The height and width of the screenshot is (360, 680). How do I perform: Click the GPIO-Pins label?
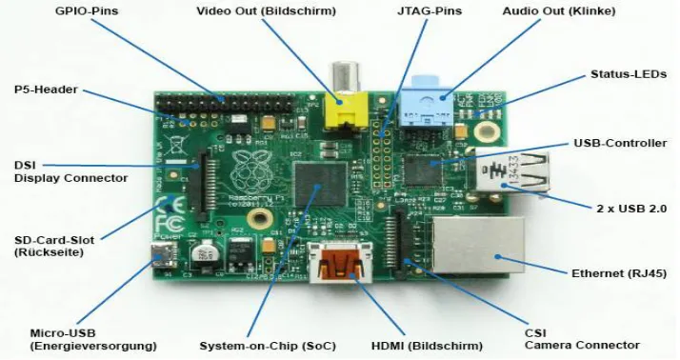87,10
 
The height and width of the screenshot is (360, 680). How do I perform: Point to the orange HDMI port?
340,262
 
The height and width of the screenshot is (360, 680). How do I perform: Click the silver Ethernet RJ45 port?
478,245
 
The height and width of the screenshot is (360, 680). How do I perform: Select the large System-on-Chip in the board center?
321,184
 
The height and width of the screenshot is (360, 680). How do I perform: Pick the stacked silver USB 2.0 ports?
511,171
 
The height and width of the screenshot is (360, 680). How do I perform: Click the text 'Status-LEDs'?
629,74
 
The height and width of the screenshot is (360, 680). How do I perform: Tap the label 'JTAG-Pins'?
430,10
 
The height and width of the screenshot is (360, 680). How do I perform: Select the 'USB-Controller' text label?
620,143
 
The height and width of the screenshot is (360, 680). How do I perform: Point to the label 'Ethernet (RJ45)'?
619,273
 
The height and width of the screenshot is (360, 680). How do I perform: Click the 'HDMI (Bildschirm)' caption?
427,346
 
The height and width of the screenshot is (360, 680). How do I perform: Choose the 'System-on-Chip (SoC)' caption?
268,346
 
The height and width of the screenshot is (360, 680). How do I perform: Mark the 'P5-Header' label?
46,90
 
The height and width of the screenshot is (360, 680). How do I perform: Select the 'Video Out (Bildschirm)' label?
267,10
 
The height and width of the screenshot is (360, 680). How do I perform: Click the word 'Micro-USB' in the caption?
63,333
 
